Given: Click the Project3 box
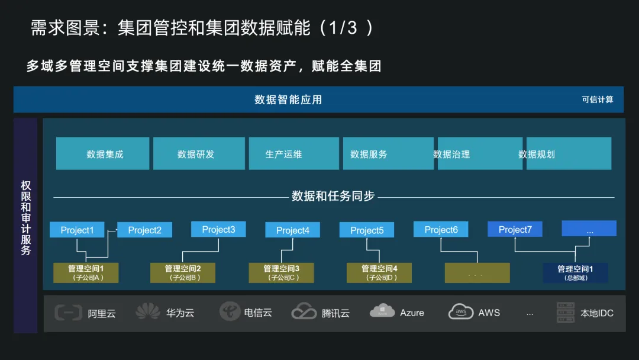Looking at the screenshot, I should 218,230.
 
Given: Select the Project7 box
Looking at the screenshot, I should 515,230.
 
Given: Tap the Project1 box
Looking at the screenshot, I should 77,230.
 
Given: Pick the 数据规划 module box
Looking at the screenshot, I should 569,154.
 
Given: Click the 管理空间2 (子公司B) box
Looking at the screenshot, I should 183,273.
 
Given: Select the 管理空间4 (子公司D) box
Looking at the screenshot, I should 379,273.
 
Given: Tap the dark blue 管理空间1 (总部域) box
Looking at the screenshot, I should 575,273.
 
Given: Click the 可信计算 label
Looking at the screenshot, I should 598,99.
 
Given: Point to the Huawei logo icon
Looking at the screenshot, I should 148,312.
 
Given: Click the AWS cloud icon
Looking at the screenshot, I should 461,311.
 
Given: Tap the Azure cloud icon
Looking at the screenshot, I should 382,311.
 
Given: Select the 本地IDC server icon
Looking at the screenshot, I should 566,312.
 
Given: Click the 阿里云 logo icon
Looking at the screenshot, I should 68,312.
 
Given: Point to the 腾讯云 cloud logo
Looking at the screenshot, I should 304,312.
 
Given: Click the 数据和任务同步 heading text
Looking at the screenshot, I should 333,197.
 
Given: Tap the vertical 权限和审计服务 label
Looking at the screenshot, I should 26,218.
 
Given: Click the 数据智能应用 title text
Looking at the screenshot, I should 288,99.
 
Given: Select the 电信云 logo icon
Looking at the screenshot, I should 230,311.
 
